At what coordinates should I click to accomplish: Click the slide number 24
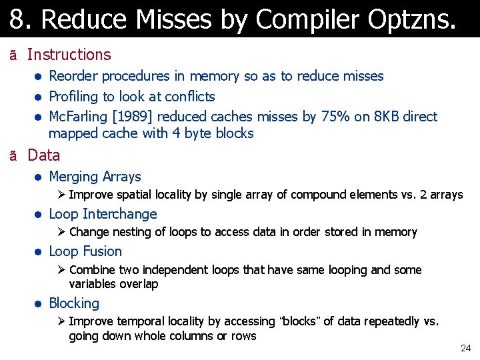pyautogui.click(x=465, y=349)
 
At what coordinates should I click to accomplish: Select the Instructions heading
pyautogui.click(x=69, y=55)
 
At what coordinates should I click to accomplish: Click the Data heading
pyautogui.click(x=43, y=155)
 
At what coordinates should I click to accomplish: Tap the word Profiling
pyautogui.click(x=75, y=97)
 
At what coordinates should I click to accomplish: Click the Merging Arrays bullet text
pyautogui.click(x=95, y=177)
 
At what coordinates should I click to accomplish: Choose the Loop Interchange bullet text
pyautogui.click(x=103, y=214)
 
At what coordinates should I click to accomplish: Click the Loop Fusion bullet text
pyautogui.click(x=85, y=251)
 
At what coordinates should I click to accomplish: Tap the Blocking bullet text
pyautogui.click(x=74, y=303)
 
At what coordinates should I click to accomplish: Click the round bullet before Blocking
pyautogui.click(x=39, y=304)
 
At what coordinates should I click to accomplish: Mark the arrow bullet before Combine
pyautogui.click(x=60, y=270)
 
